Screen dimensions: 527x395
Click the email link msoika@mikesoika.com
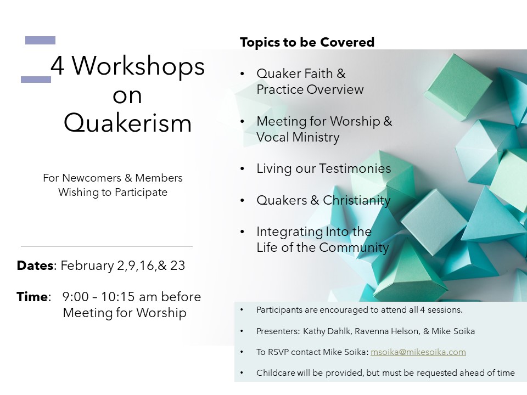click(418, 352)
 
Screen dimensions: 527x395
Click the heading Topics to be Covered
click(307, 42)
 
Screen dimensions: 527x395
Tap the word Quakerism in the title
click(128, 123)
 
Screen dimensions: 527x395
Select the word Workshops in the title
click(138, 66)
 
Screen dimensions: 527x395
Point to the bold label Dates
click(35, 266)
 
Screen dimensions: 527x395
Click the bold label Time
click(32, 297)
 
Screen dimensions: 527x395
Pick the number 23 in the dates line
click(177, 266)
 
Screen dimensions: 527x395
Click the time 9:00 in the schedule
click(75, 297)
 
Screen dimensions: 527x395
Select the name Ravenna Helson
click(388, 331)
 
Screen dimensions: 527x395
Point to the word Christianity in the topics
click(357, 200)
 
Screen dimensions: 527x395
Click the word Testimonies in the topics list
click(355, 168)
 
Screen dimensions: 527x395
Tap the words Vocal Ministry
click(298, 137)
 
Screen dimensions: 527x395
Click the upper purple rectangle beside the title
click(40, 40)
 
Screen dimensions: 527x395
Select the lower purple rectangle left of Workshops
click(36, 79)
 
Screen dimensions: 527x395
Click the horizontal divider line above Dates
click(106, 246)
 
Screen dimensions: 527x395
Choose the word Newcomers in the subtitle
click(92, 178)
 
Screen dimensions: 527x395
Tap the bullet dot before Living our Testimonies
click(242, 168)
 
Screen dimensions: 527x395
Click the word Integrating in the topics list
click(285, 232)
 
